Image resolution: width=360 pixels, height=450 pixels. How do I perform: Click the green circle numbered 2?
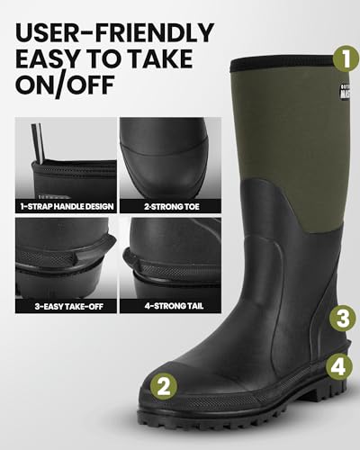(x=163, y=388)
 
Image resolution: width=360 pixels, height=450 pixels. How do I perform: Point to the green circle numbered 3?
(x=341, y=318)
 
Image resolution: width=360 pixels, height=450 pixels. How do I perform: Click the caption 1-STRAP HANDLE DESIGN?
(x=66, y=206)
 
